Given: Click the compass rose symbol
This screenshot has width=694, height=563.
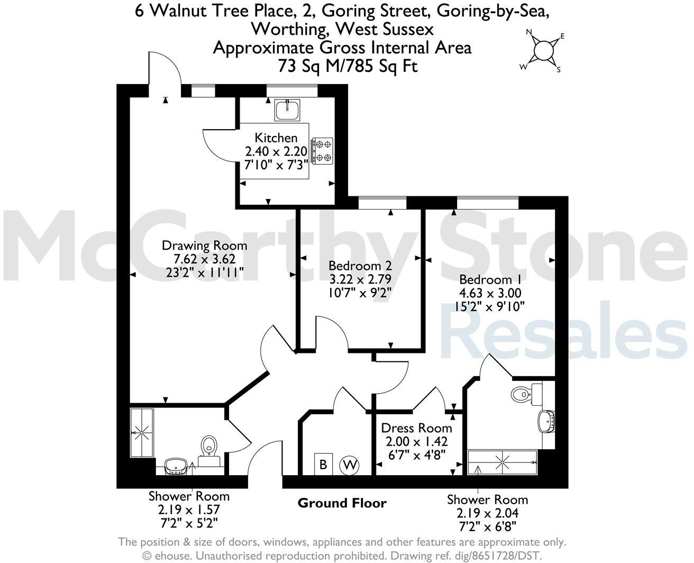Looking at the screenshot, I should [x=543, y=51].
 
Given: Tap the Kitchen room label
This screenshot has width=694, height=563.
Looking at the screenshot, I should [x=276, y=138].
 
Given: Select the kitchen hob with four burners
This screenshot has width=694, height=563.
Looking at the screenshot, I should [x=323, y=150].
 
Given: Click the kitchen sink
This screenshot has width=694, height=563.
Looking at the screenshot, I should [x=287, y=110].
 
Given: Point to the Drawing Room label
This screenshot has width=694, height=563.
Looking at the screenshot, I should [x=204, y=246].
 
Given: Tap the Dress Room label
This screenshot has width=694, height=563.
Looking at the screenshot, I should [x=416, y=428].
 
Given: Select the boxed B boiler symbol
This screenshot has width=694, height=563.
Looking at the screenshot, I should [x=322, y=464].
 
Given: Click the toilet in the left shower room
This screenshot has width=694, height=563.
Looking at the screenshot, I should [x=210, y=446].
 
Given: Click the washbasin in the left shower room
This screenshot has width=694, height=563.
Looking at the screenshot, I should [x=176, y=466].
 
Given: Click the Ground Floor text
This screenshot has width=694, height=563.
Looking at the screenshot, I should [x=342, y=503].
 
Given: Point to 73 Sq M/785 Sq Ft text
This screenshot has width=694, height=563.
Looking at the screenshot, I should [x=348, y=66].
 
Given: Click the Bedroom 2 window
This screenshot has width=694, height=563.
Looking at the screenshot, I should [x=382, y=202].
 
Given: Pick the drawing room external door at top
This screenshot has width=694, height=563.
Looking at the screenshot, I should [x=165, y=71].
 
